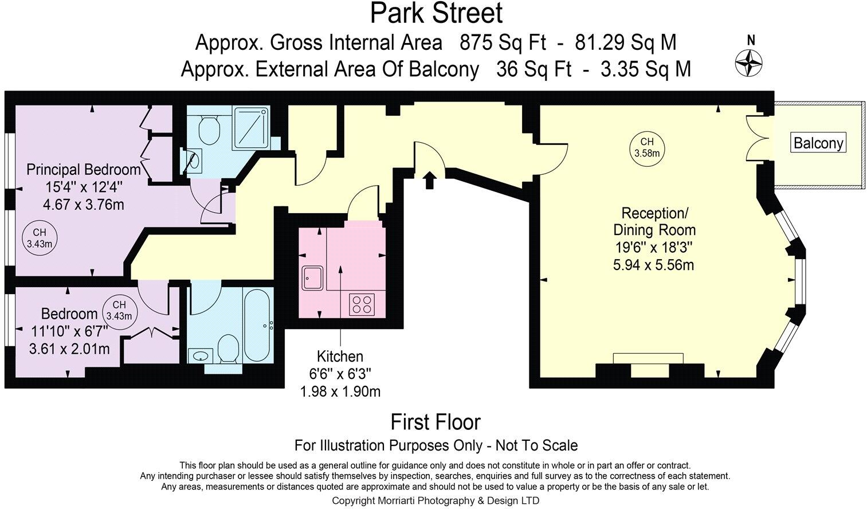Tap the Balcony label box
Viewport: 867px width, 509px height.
pyautogui.click(x=818, y=143)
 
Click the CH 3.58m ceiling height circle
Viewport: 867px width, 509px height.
pyautogui.click(x=646, y=147)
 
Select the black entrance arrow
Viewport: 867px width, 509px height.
pyautogui.click(x=429, y=180)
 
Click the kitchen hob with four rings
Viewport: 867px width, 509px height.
pyautogui.click(x=362, y=303)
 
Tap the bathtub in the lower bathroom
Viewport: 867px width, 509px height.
pyautogui.click(x=258, y=325)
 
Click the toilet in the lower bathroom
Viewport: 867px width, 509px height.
pyautogui.click(x=228, y=349)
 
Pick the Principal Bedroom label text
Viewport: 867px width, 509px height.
pyautogui.click(x=84, y=170)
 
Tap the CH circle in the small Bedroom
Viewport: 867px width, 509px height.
pyautogui.click(x=119, y=310)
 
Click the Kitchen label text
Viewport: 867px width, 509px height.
pyautogui.click(x=340, y=357)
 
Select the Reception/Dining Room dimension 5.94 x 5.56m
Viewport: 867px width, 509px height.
pyautogui.click(x=653, y=265)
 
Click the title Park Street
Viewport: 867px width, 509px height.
pyautogui.click(x=436, y=14)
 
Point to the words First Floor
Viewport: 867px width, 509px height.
pyautogui.click(x=435, y=422)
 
